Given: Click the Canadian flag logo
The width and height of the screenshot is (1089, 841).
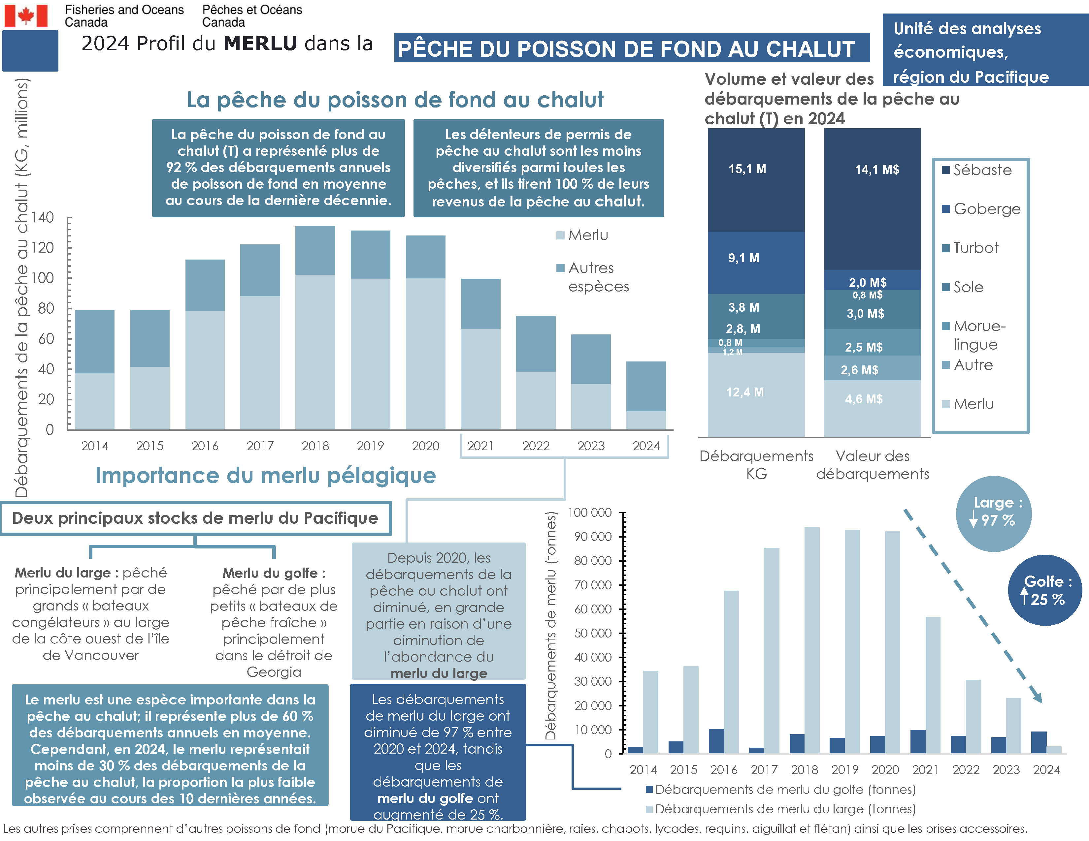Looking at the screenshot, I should pyautogui.click(x=26, y=16).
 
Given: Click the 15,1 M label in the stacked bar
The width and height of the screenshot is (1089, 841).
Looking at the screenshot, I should pyautogui.click(x=747, y=169).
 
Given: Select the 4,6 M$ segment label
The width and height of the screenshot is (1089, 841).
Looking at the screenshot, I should pyautogui.click(x=864, y=399).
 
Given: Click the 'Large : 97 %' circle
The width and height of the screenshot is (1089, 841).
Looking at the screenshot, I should pyautogui.click(x=993, y=513).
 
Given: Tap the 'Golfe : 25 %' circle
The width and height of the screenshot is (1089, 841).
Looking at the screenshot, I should pyautogui.click(x=1045, y=590).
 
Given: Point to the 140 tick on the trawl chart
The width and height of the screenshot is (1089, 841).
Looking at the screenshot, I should pyautogui.click(x=43, y=217).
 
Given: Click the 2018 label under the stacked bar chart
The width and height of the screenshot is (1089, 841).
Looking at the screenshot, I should pyautogui.click(x=315, y=446).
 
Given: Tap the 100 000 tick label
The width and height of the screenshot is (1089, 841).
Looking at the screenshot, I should pyautogui.click(x=590, y=512).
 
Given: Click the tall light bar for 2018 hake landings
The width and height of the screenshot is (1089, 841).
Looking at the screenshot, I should pyautogui.click(x=812, y=640).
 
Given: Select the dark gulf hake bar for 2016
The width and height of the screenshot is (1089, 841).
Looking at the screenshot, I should pyautogui.click(x=716, y=740).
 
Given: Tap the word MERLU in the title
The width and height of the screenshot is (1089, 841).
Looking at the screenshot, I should pyautogui.click(x=260, y=43).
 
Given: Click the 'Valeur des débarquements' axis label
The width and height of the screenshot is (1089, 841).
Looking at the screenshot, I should pyautogui.click(x=873, y=464).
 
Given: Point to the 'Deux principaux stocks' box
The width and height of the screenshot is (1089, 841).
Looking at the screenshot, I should pyautogui.click(x=195, y=518).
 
